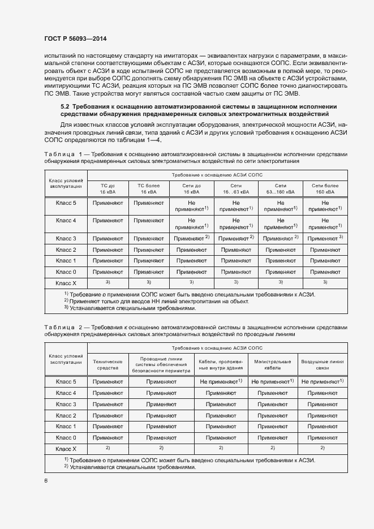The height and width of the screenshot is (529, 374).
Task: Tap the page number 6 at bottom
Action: click(46, 480)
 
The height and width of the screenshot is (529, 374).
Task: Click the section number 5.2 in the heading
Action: click(65, 106)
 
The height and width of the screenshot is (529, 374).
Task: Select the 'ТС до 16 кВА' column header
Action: click(108, 188)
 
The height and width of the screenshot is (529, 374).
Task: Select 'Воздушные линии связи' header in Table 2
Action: click(322, 364)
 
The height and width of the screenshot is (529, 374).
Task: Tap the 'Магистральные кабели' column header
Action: click(272, 364)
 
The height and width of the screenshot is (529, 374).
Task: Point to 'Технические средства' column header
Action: click(108, 364)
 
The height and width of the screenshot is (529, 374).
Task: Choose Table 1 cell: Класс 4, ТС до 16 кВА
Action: click(108, 221)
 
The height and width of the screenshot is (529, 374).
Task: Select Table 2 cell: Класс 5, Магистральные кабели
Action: click(272, 382)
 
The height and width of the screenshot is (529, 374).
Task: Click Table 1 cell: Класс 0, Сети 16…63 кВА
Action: click(236, 272)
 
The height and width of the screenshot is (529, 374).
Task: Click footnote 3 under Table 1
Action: click(132, 309)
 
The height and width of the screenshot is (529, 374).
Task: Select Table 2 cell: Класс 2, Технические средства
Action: click(108, 415)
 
